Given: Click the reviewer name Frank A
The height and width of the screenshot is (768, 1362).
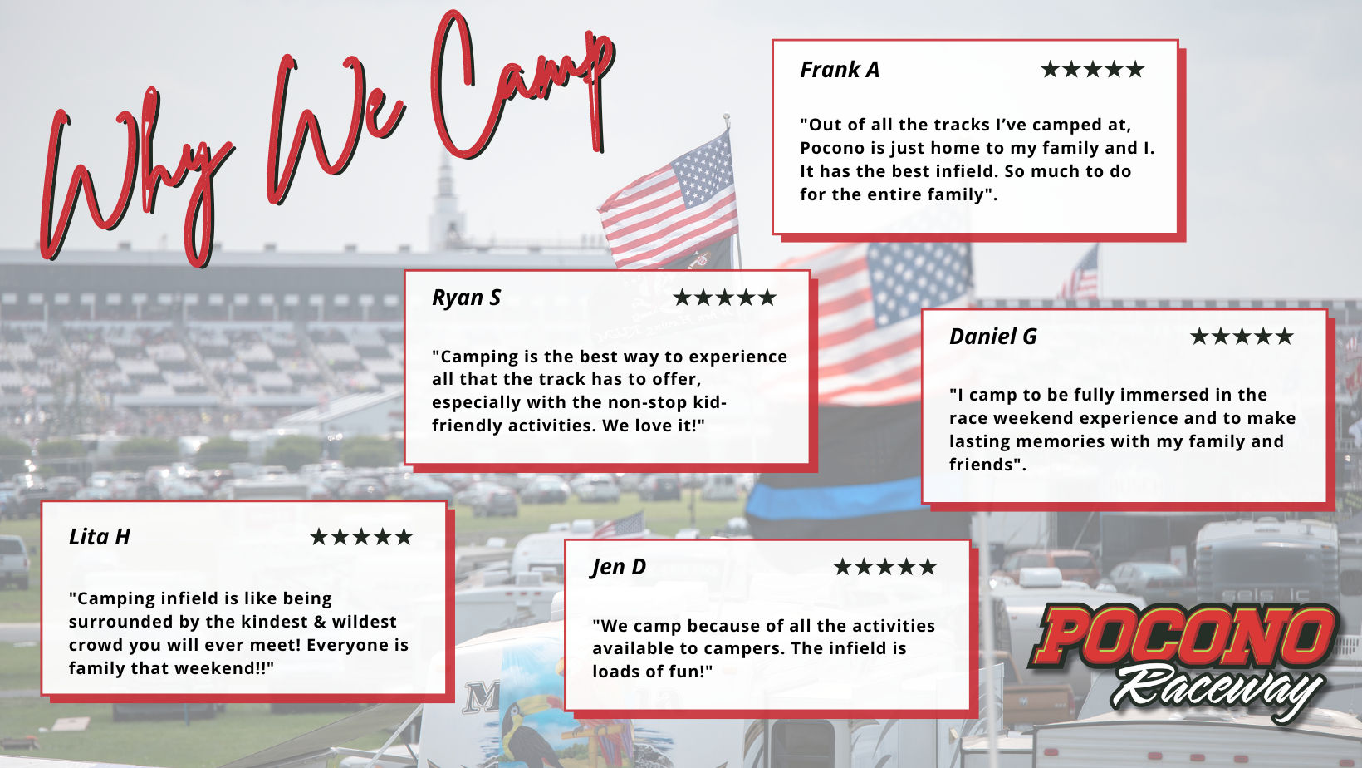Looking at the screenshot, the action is coord(840,70).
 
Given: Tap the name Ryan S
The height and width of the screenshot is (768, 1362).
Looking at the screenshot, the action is coord(467,298).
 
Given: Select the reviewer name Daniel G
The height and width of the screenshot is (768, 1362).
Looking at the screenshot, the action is coord(993,337).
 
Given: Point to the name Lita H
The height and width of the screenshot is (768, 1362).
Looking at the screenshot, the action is coord(99,537).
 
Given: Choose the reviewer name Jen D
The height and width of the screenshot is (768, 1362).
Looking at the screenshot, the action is coord(619,567).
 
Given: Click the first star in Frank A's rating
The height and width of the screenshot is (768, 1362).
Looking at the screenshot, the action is coord(1050,69).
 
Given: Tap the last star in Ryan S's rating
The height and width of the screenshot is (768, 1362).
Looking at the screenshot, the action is coord(767,298).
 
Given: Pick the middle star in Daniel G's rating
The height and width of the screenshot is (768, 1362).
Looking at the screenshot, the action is coord(1242,337).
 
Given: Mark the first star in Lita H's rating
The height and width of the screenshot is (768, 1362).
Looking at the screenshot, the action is coord(319,537).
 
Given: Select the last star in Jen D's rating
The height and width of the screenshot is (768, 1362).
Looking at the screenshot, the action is coord(928,567).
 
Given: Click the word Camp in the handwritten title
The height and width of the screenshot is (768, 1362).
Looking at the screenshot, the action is coord(523,86).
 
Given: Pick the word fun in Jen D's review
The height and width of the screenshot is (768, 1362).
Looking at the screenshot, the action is coord(694,672).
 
